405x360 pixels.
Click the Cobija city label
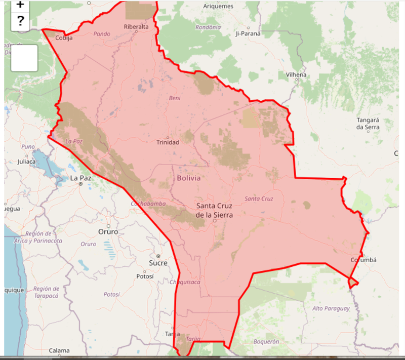point(64,38)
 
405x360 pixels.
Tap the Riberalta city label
point(136,27)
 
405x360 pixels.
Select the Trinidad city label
point(167,142)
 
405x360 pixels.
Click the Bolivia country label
point(188,178)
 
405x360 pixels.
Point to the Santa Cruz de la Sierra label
point(215,210)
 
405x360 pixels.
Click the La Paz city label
point(80,178)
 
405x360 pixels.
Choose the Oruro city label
point(108,231)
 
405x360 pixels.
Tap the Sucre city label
point(158,263)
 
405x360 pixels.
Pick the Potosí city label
point(145,276)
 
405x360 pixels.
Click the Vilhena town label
point(296,75)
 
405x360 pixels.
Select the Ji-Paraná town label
point(248,34)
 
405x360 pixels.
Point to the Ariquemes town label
point(218,6)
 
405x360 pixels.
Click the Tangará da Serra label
point(368,124)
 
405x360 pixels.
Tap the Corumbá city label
point(363,260)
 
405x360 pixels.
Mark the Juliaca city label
point(26,162)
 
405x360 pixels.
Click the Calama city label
point(59,350)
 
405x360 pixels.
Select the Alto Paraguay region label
point(331,308)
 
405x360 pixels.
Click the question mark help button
point(20,21)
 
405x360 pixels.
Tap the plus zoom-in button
point(20,5)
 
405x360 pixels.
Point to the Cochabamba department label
point(148,204)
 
